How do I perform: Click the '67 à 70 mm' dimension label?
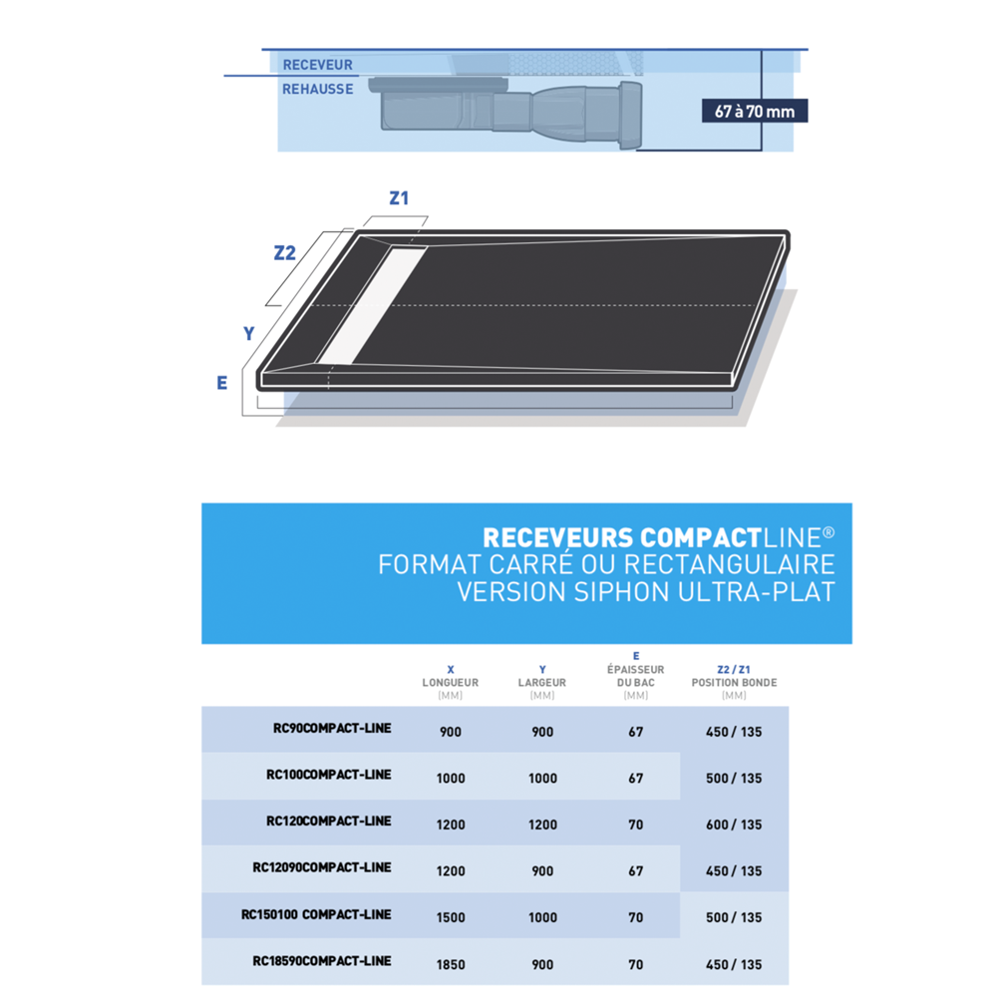755,111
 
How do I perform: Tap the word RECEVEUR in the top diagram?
317,65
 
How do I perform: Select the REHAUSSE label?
317,89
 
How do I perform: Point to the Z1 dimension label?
399,197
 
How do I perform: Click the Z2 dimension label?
285,253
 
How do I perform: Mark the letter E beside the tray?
222,383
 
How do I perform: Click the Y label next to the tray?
249,334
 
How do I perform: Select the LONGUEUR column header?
451,683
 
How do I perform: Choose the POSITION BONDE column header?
734,683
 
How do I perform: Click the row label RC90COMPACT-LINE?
332,729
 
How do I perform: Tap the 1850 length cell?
451,964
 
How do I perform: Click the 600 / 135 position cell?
734,825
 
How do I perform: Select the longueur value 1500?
451,917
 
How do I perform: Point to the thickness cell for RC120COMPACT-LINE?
636,825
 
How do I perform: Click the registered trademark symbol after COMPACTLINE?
829,533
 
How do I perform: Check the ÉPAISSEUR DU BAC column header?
636,675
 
